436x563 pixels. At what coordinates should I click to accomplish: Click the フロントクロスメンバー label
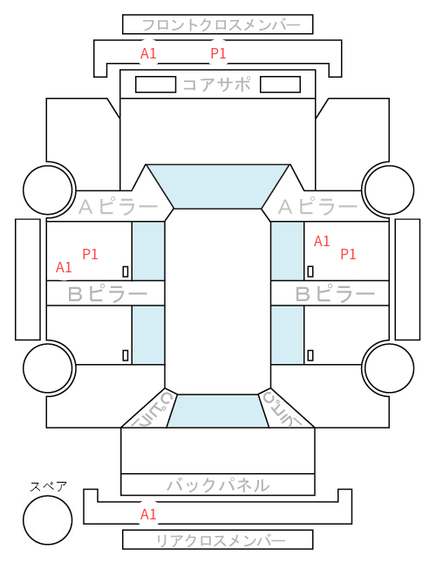(221, 25)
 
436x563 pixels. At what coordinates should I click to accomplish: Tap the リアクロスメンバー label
(221, 540)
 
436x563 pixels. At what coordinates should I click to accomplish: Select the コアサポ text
(217, 85)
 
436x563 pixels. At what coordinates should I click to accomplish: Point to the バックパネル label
(218, 484)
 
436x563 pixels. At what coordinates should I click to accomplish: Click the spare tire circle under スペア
(48, 519)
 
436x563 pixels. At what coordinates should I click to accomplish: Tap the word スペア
(49, 486)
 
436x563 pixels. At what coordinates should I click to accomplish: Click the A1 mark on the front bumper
(148, 54)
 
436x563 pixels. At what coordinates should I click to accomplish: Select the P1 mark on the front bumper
(218, 53)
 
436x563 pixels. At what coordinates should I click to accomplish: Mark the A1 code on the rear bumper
(148, 514)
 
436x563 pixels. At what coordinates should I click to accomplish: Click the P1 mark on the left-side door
(90, 254)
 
